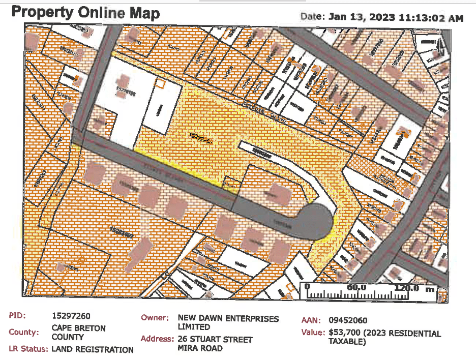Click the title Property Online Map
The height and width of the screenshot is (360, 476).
[85, 13]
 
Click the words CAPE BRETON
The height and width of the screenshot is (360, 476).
[79, 328]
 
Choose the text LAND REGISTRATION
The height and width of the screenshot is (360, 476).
[93, 349]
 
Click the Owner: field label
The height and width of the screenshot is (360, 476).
[155, 318]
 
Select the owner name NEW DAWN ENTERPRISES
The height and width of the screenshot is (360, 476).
[228, 319]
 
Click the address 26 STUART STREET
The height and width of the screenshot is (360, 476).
[215, 339]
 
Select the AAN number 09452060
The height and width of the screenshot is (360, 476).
[348, 320]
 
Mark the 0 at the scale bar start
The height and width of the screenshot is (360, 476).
[307, 287]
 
